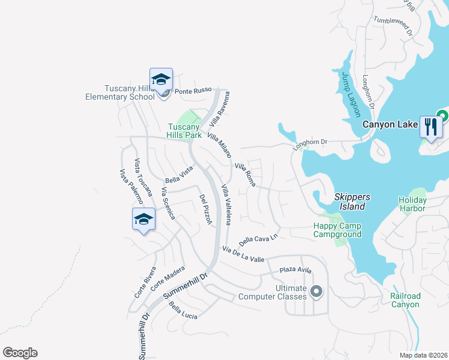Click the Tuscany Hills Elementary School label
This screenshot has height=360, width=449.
(115, 92)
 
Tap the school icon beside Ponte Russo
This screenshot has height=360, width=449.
(161, 80)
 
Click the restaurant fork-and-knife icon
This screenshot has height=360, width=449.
(431, 127)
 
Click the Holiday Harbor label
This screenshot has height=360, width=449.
(412, 204)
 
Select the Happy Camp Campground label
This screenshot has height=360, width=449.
(337, 230)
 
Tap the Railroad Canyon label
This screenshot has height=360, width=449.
(405, 300)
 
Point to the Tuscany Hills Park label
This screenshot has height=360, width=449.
(184, 131)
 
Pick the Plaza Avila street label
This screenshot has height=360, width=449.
(295, 271)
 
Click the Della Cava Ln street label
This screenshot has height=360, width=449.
(259, 238)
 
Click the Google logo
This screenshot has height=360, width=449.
(20, 353)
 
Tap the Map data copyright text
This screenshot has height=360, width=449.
(423, 355)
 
